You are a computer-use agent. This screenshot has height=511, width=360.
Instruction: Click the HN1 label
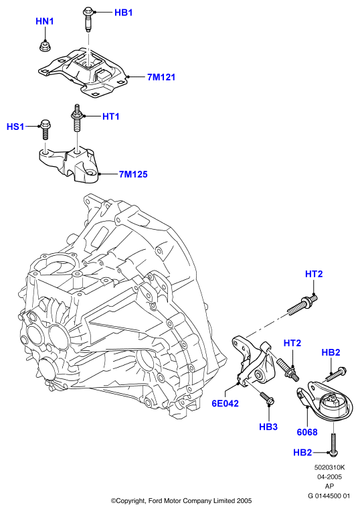point(45,21)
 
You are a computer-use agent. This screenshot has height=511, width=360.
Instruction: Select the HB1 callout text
point(123,13)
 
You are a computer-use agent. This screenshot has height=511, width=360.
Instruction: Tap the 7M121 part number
point(161,77)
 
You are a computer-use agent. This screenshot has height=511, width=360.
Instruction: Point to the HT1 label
point(110,117)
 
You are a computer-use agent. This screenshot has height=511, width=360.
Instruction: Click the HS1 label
point(15,127)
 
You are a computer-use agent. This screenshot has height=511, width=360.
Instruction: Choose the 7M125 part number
point(133,174)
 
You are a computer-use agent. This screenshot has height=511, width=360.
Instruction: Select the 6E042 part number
point(226,403)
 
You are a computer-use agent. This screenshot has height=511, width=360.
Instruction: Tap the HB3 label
point(268,427)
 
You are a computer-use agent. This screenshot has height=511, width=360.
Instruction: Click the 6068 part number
point(307,432)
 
